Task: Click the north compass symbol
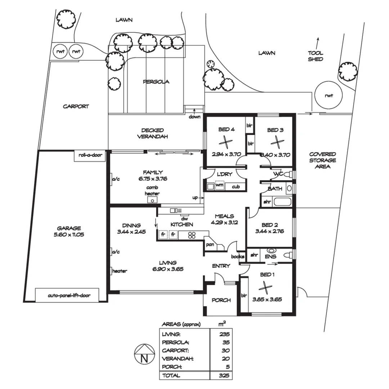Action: tap(144, 355)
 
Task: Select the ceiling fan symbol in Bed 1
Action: tap(266, 288)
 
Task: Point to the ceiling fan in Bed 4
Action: tap(225, 143)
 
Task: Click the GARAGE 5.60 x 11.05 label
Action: tap(69, 231)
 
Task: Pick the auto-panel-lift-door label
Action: tap(69, 296)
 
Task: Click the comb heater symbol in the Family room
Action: tap(153, 200)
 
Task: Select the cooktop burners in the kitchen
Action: tap(192, 235)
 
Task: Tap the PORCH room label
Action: tap(221, 300)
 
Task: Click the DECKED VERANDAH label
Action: tap(152, 133)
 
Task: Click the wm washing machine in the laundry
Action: tap(219, 185)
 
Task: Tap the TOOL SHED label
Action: tap(315, 56)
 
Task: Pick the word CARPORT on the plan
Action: tap(76, 106)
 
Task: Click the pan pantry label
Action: tap(210, 245)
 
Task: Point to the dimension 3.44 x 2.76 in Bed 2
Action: tap(269, 232)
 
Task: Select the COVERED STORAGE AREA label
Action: tap(322, 160)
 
